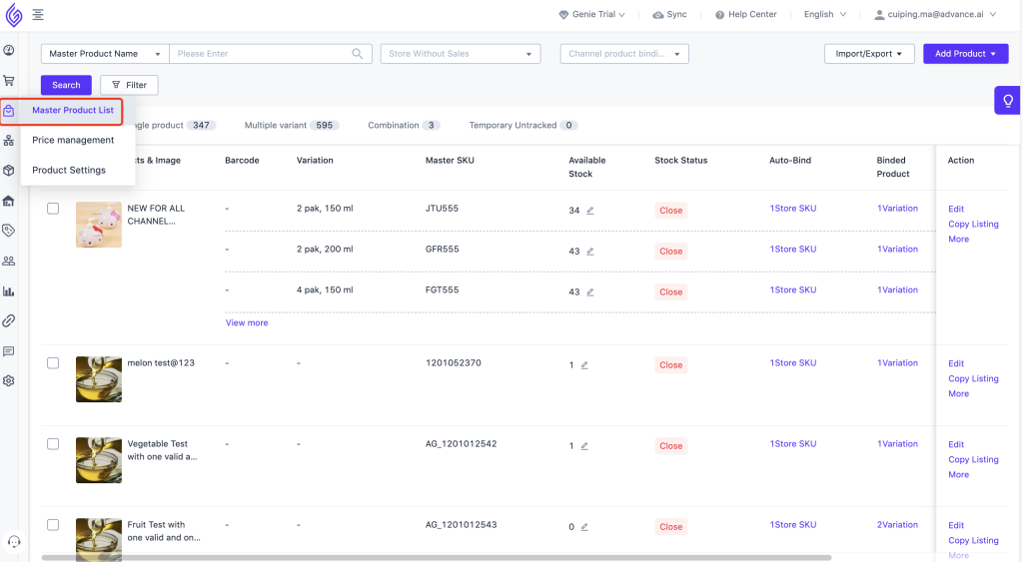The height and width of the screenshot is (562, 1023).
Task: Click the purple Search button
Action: [66, 85]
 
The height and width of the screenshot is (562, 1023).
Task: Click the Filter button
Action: [129, 85]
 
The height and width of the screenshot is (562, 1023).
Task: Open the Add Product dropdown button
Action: [965, 54]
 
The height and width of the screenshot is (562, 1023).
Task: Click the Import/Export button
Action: [868, 54]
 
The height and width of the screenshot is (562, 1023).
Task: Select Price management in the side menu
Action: [73, 140]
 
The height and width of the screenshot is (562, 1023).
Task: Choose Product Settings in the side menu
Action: [69, 170]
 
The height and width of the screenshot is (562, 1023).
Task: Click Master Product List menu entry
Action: [73, 110]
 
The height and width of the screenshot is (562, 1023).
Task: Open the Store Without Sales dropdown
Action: [460, 54]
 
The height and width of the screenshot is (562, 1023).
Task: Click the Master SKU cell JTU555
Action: [442, 209]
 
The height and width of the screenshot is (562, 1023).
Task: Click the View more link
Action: [247, 322]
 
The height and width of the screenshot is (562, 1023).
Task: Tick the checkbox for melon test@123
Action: [53, 363]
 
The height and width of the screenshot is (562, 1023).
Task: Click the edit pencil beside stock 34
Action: [590, 211]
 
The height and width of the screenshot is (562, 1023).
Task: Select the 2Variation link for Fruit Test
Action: [897, 525]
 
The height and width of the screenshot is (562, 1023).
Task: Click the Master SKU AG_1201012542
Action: [461, 444]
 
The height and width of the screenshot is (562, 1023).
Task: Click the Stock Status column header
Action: [680, 160]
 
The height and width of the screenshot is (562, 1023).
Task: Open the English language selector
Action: [824, 15]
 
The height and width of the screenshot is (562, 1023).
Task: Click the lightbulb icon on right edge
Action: [1008, 101]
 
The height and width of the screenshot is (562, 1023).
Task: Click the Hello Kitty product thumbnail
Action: [99, 225]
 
